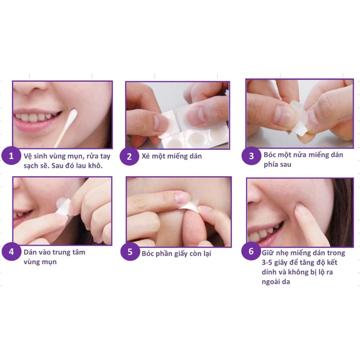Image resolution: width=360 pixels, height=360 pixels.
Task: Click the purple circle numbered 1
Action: (11, 156)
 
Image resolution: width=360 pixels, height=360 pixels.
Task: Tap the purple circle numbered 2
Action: (130, 156)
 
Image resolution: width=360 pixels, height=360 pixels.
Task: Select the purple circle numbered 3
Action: (251, 156)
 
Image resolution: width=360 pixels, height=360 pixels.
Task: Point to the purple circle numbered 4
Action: (11, 252)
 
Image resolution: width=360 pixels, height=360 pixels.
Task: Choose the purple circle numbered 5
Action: (130, 252)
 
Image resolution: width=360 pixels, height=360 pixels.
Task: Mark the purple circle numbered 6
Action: (251, 251)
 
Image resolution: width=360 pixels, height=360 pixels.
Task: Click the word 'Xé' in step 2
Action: (146, 156)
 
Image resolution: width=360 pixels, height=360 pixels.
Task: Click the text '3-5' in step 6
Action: (267, 263)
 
